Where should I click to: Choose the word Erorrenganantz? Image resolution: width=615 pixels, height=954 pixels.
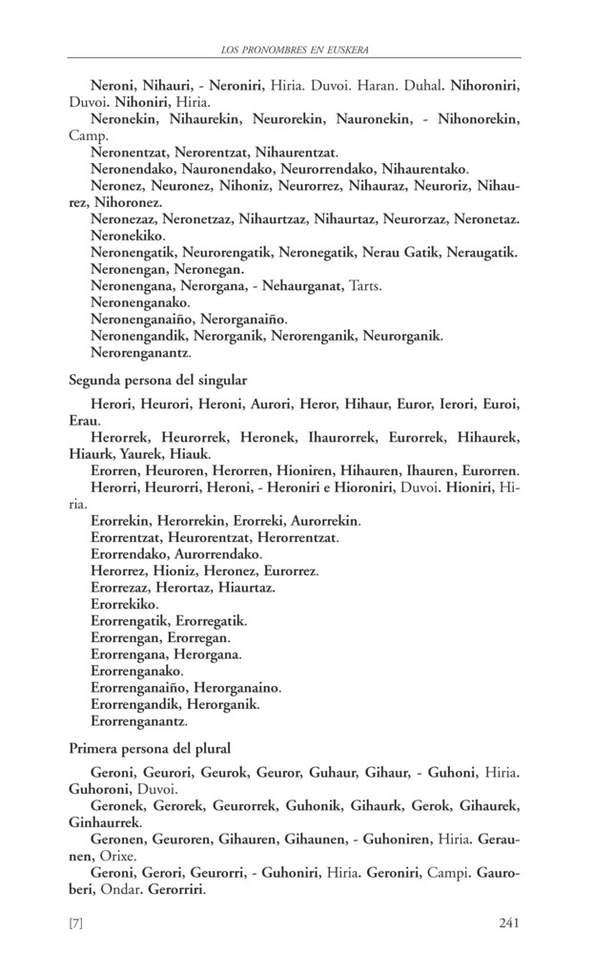(138, 721)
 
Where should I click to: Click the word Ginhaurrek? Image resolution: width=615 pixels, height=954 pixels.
(106, 821)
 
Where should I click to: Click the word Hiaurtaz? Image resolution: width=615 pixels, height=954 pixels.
(245, 588)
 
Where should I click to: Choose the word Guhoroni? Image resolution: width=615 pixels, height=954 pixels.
(104, 790)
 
